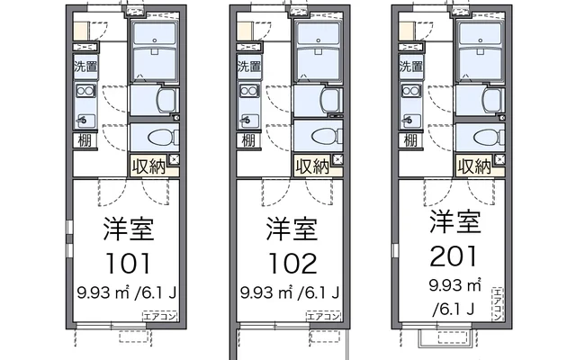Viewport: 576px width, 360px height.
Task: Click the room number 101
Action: point(128,264)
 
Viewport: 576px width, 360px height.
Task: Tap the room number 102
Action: point(292,264)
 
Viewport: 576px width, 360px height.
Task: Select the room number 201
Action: point(454,256)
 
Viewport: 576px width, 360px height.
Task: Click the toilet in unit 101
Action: point(163,138)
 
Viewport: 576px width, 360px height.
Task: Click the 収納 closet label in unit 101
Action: point(149,166)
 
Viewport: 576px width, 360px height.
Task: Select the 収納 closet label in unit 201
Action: point(474,166)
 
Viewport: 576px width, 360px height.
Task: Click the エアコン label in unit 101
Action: point(160,316)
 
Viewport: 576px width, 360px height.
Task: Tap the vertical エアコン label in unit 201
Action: point(498,304)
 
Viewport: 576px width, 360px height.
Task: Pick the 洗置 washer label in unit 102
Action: point(249,67)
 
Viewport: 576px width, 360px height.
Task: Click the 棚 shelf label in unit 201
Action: point(410,140)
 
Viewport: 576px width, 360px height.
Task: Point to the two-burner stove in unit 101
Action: point(85,91)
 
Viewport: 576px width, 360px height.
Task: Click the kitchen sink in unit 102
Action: point(249,121)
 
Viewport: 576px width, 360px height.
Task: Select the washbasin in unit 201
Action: point(493,100)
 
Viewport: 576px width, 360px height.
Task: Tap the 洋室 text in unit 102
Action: point(292,229)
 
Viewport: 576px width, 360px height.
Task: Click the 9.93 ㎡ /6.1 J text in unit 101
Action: point(127,292)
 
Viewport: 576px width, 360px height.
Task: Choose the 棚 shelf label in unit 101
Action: point(85,140)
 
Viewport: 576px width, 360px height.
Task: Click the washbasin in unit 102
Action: point(331,100)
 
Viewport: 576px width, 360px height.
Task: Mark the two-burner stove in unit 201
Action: point(411,91)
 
